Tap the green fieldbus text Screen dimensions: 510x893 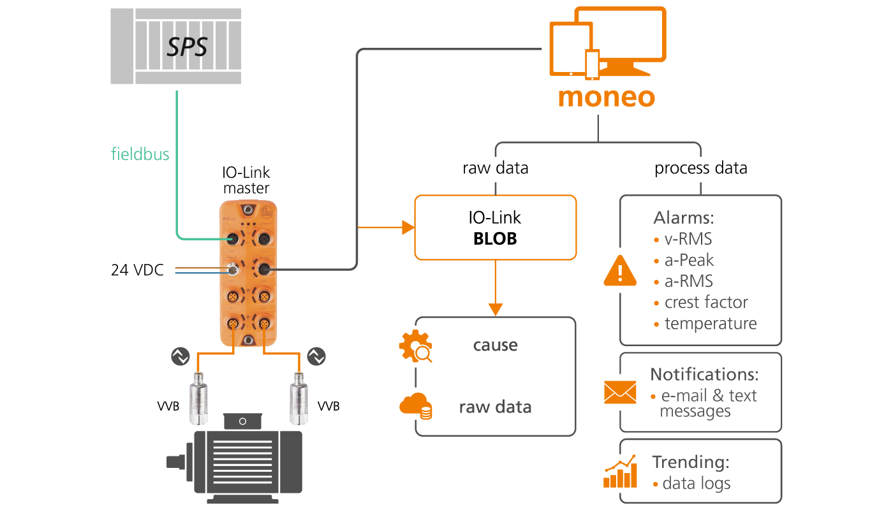click(x=140, y=154)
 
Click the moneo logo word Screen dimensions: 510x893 click(x=606, y=97)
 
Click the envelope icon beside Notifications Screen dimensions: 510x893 click(x=620, y=392)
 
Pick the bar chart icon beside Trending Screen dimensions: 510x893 click(x=620, y=472)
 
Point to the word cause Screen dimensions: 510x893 click(x=495, y=345)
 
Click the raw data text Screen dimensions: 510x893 click(x=495, y=407)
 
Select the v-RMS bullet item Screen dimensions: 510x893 click(x=688, y=239)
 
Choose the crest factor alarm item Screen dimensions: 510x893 click(x=705, y=302)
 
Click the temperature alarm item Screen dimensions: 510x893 click(x=710, y=323)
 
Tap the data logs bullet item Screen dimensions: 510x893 click(x=696, y=483)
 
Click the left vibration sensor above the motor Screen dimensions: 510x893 click(x=198, y=398)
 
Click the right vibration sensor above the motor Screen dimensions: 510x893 click(x=298, y=398)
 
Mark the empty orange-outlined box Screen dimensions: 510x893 click(x=495, y=228)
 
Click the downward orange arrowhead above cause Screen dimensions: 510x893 click(x=495, y=310)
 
